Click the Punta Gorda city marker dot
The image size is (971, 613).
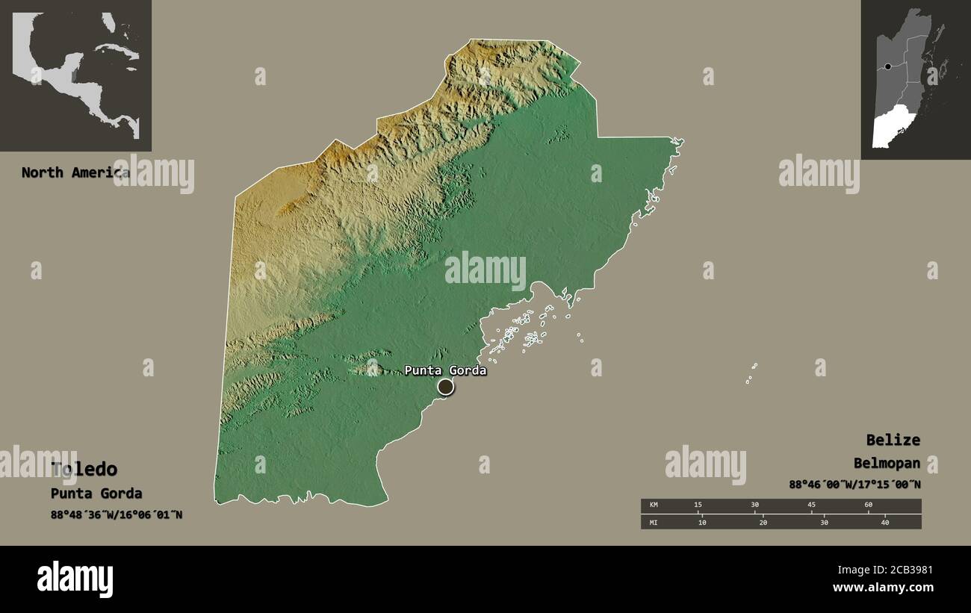445,386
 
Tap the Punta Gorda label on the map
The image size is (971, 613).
445,370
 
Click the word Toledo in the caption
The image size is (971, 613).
84,469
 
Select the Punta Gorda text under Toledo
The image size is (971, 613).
96,494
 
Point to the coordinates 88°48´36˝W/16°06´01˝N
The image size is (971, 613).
117,514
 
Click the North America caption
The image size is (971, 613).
75,172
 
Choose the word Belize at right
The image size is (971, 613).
893,440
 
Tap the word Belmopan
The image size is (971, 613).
887,463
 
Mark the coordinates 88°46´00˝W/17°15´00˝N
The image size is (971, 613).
854,485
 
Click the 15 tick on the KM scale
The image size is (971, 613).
698,505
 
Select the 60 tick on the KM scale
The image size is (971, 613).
868,505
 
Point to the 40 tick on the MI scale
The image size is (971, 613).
885,523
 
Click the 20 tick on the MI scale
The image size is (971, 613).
763,523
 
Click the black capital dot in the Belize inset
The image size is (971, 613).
887,66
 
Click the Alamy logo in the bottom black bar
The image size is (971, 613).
75,579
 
